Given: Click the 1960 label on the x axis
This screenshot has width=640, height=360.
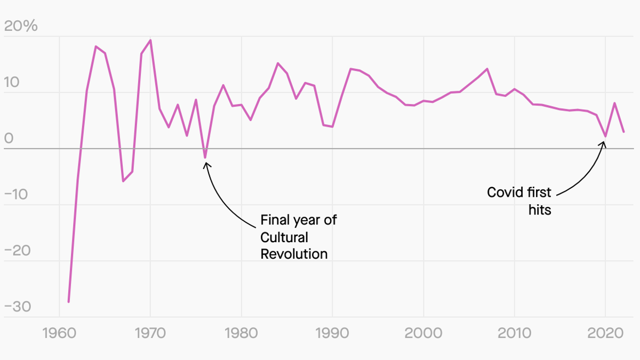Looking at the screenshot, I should pos(59,334).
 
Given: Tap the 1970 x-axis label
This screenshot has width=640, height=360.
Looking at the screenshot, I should pos(150,334).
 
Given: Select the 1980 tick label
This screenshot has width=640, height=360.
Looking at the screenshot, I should pos(241,334).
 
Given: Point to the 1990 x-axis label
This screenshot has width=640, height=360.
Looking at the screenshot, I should pos(332,334).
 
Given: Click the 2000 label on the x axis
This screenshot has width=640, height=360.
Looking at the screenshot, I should pos(423,334).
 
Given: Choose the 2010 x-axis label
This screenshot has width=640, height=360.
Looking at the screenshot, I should pos(514,334).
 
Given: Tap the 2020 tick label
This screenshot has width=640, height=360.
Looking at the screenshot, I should pos(605,334).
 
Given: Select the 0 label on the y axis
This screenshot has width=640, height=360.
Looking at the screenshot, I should pos(9,139).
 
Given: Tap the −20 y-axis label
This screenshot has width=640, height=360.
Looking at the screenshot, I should pos(18,251).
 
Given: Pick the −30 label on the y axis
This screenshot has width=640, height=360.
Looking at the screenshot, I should pos(18,308).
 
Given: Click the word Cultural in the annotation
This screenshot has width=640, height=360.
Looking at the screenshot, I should pos(284,237).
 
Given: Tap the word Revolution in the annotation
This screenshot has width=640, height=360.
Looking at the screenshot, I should pos(294,253).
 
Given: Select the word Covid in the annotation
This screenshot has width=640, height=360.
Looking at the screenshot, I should pos(503,192).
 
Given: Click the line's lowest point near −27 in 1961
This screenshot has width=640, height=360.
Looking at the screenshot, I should pos(69,302).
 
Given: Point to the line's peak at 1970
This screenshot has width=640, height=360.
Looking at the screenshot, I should pos(150,40).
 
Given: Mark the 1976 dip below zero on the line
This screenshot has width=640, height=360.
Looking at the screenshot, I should pos(205,158).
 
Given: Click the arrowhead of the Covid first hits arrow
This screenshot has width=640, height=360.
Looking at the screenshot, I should pos(604,142).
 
